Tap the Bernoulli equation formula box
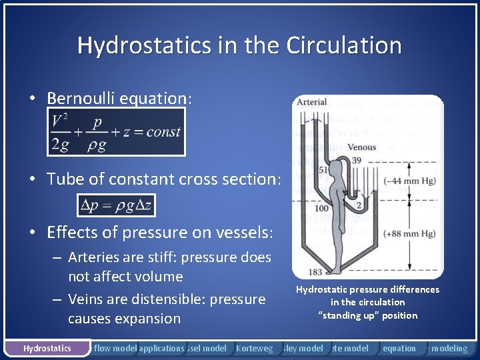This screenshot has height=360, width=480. click(x=116, y=132)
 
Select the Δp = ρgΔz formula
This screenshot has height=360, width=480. click(x=116, y=205)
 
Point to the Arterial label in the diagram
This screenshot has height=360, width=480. click(x=311, y=102)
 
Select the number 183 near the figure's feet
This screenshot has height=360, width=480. click(x=315, y=272)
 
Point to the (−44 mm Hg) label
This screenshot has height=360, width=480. click(x=416, y=181)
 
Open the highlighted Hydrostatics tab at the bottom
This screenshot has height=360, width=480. click(x=47, y=348)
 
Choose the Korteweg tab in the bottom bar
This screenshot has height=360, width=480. click(x=255, y=348)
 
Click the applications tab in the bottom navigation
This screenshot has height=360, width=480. click(x=162, y=348)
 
